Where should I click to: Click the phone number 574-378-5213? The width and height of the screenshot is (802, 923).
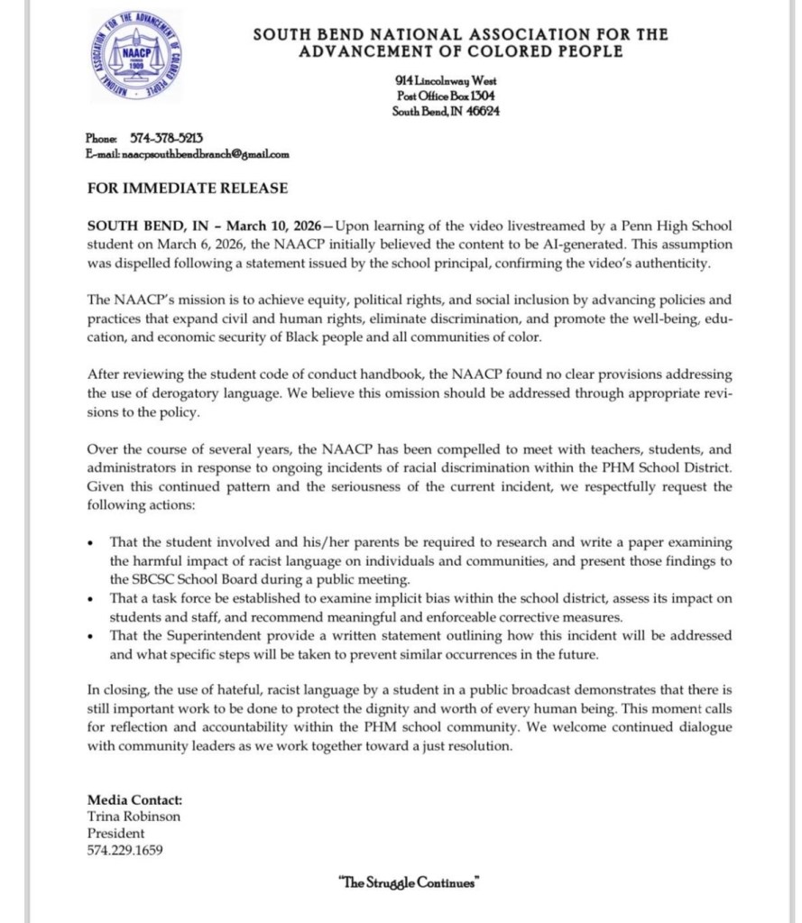[x=168, y=138]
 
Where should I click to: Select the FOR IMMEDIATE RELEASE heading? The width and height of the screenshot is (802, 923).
[x=188, y=189]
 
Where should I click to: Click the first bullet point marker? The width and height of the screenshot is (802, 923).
[x=91, y=544]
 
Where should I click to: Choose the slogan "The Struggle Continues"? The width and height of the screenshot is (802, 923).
[x=406, y=882]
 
